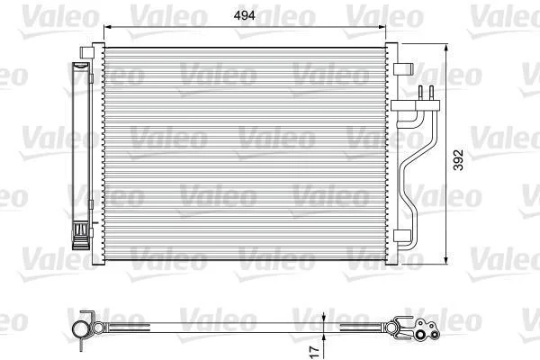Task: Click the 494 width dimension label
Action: (x=244, y=15)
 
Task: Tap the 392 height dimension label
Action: (x=458, y=160)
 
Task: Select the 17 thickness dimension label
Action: (x=315, y=351)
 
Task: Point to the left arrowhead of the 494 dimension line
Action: (x=108, y=27)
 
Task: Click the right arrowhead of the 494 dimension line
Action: (x=382, y=27)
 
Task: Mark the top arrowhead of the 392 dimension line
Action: (x=446, y=48)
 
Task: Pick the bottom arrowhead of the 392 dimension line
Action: (x=446, y=260)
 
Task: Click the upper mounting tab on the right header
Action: (x=403, y=68)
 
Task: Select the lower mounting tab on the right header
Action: (x=402, y=236)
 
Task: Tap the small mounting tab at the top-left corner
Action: (x=86, y=52)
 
